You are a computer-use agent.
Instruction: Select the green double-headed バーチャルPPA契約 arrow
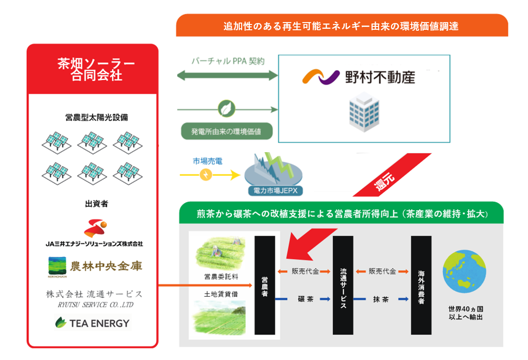pos(228,75)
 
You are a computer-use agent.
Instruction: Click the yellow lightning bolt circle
pos(206,175)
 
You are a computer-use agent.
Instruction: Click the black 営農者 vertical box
pos(265,286)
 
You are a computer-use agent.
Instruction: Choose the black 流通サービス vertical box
pos(343,286)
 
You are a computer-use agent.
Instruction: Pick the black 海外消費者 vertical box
pos(421,286)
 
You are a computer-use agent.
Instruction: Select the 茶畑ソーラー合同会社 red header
pos(93,70)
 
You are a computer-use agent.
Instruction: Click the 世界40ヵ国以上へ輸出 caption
pos(465,312)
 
